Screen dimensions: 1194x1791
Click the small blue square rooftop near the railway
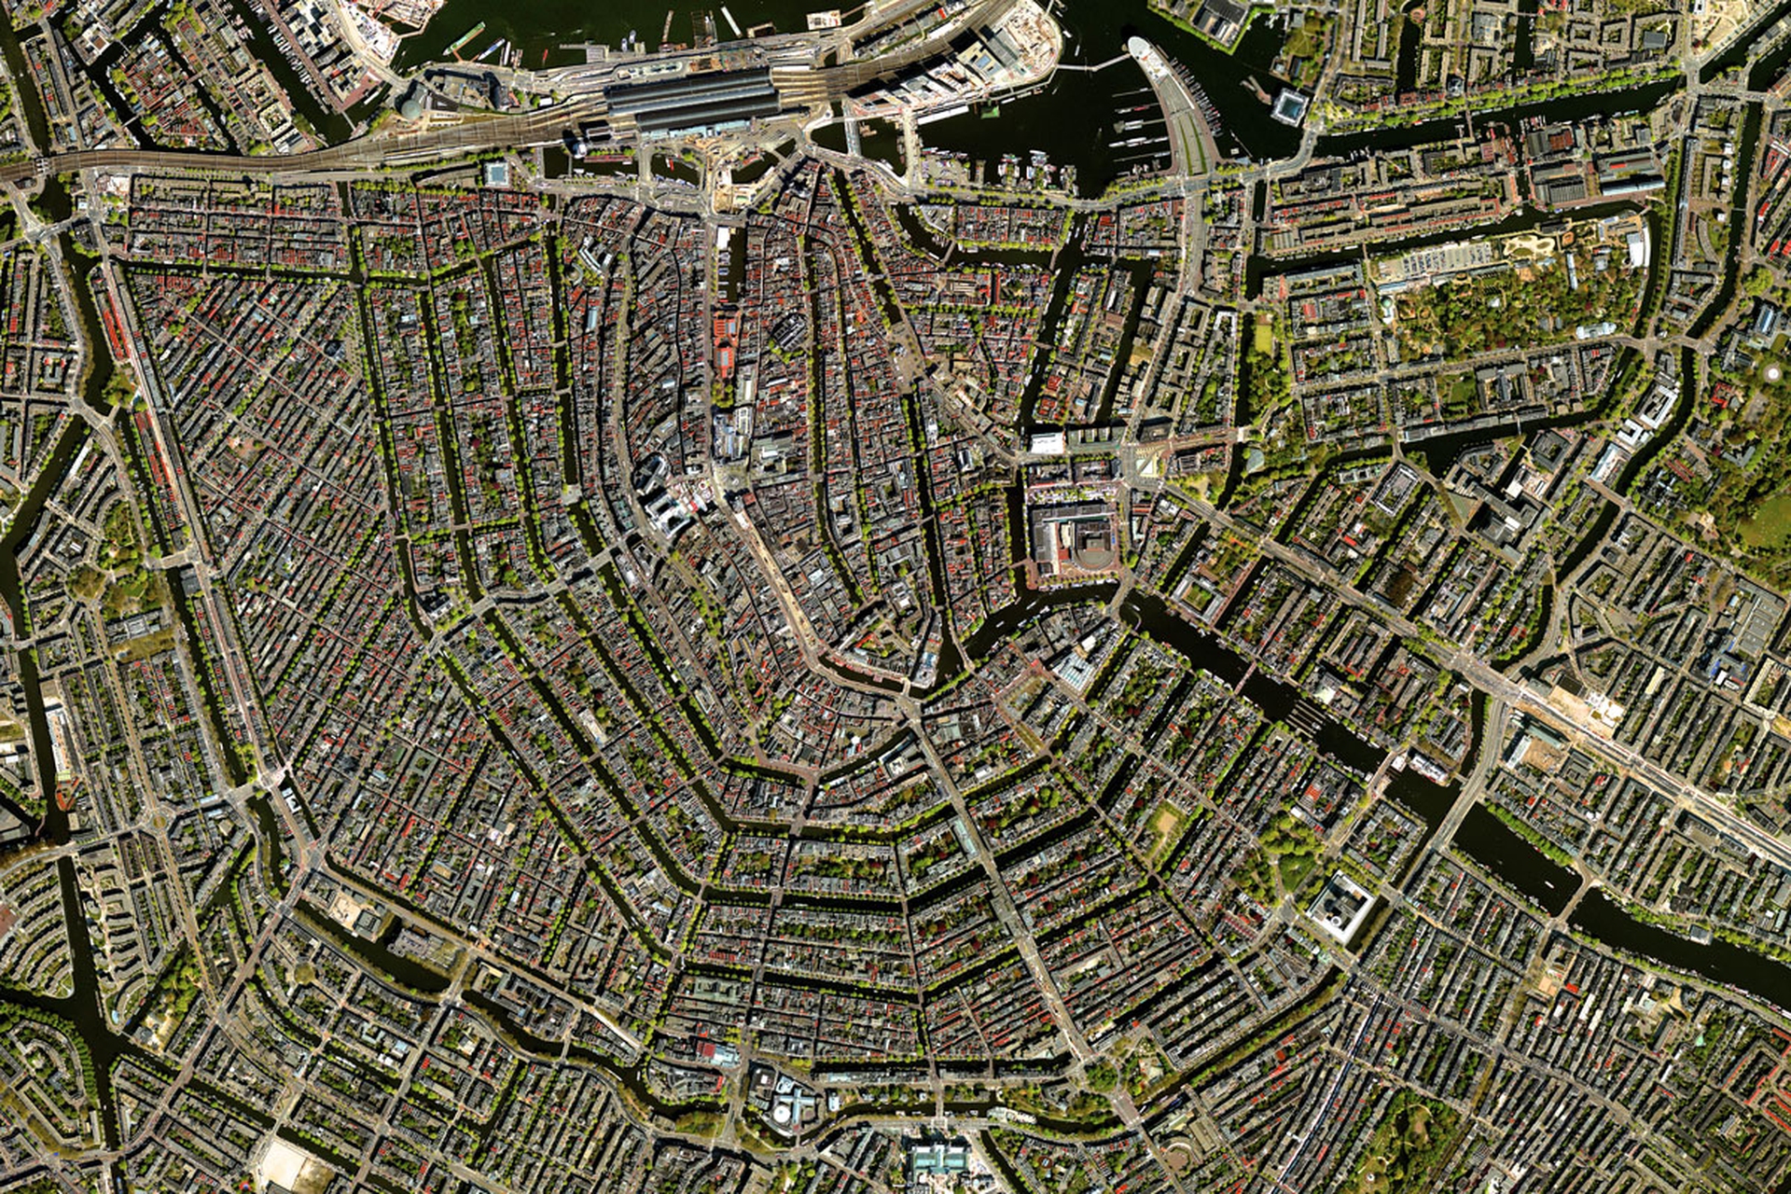click(496, 174)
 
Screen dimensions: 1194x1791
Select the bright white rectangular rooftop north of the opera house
click(1047, 443)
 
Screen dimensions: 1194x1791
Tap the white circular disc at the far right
click(1773, 372)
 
